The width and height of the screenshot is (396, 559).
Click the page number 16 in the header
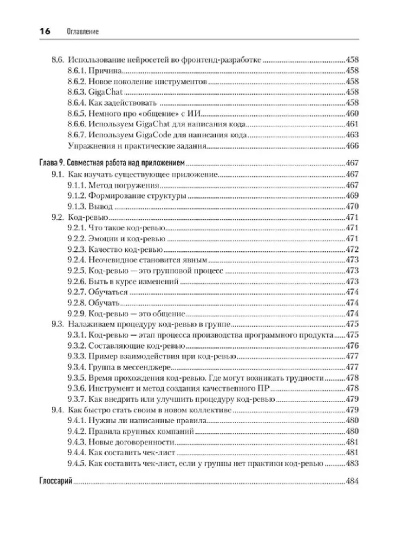(45, 32)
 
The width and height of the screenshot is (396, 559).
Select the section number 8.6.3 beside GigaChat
(76, 92)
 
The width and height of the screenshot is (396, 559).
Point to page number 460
(352, 113)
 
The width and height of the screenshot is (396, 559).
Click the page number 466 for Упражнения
(352, 146)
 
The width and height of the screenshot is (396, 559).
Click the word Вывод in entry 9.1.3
(100, 206)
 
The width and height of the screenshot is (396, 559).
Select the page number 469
(352, 196)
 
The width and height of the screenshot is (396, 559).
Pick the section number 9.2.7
(76, 292)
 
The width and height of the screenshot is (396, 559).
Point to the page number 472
(352, 249)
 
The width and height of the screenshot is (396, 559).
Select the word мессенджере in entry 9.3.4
(146, 367)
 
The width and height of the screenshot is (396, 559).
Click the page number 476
(352, 346)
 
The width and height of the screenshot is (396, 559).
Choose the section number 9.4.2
(76, 431)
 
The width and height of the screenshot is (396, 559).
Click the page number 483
(352, 464)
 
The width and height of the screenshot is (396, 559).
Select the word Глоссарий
(56, 481)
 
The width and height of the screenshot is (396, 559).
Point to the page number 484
(352, 481)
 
